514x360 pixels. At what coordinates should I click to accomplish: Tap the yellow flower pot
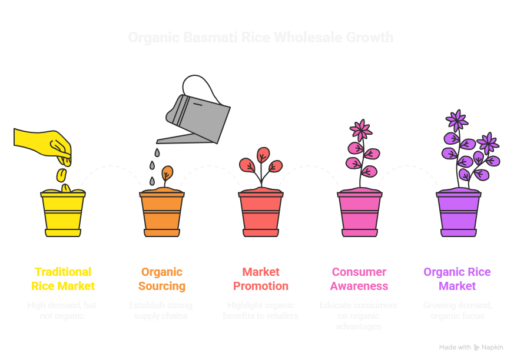point(62,213)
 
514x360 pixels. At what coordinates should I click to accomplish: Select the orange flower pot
point(162,213)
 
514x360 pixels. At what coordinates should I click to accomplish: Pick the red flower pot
point(261,213)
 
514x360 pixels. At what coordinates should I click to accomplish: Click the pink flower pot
point(359,213)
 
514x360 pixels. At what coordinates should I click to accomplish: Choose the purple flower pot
point(458,213)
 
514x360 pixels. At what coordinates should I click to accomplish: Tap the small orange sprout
point(167,174)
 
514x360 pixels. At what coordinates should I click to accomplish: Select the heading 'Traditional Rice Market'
point(62,279)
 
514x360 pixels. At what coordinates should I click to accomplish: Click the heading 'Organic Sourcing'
point(162,279)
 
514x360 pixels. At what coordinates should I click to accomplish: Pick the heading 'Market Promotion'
point(261,279)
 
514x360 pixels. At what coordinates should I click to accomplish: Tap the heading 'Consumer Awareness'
point(359,279)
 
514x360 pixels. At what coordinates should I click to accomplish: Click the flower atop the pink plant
point(360,129)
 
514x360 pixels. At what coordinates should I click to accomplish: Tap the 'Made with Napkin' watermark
point(471,348)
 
